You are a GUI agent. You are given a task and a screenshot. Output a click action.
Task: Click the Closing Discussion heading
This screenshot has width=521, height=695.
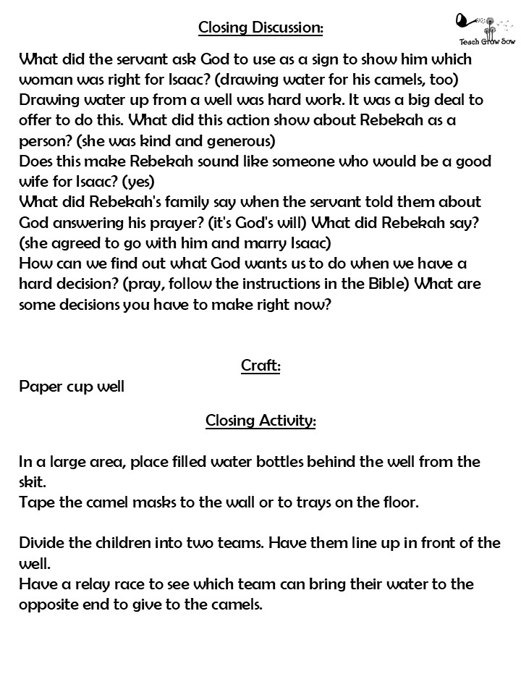[260, 28]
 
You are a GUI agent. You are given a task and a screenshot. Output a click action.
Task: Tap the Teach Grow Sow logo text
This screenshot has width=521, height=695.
[483, 42]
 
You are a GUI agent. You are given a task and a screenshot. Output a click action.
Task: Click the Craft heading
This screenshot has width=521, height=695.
[260, 366]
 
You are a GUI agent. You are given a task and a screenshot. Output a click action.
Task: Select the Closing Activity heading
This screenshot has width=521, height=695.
[260, 421]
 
